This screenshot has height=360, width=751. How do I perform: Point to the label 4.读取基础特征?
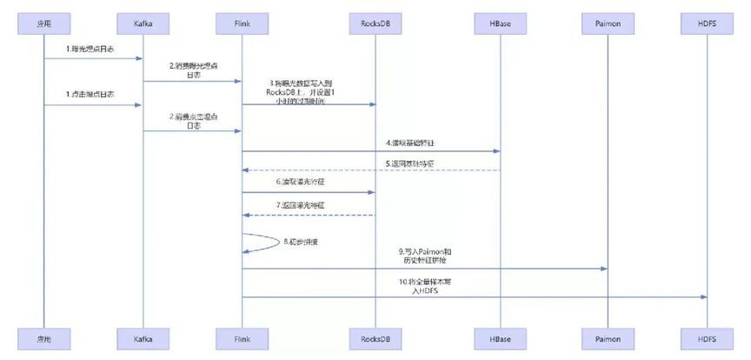[x=411, y=142]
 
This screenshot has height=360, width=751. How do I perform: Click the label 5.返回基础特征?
[x=411, y=163]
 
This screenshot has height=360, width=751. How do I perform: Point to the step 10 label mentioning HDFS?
[x=423, y=285]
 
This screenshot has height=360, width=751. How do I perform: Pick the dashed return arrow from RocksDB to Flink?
[x=308, y=214]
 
